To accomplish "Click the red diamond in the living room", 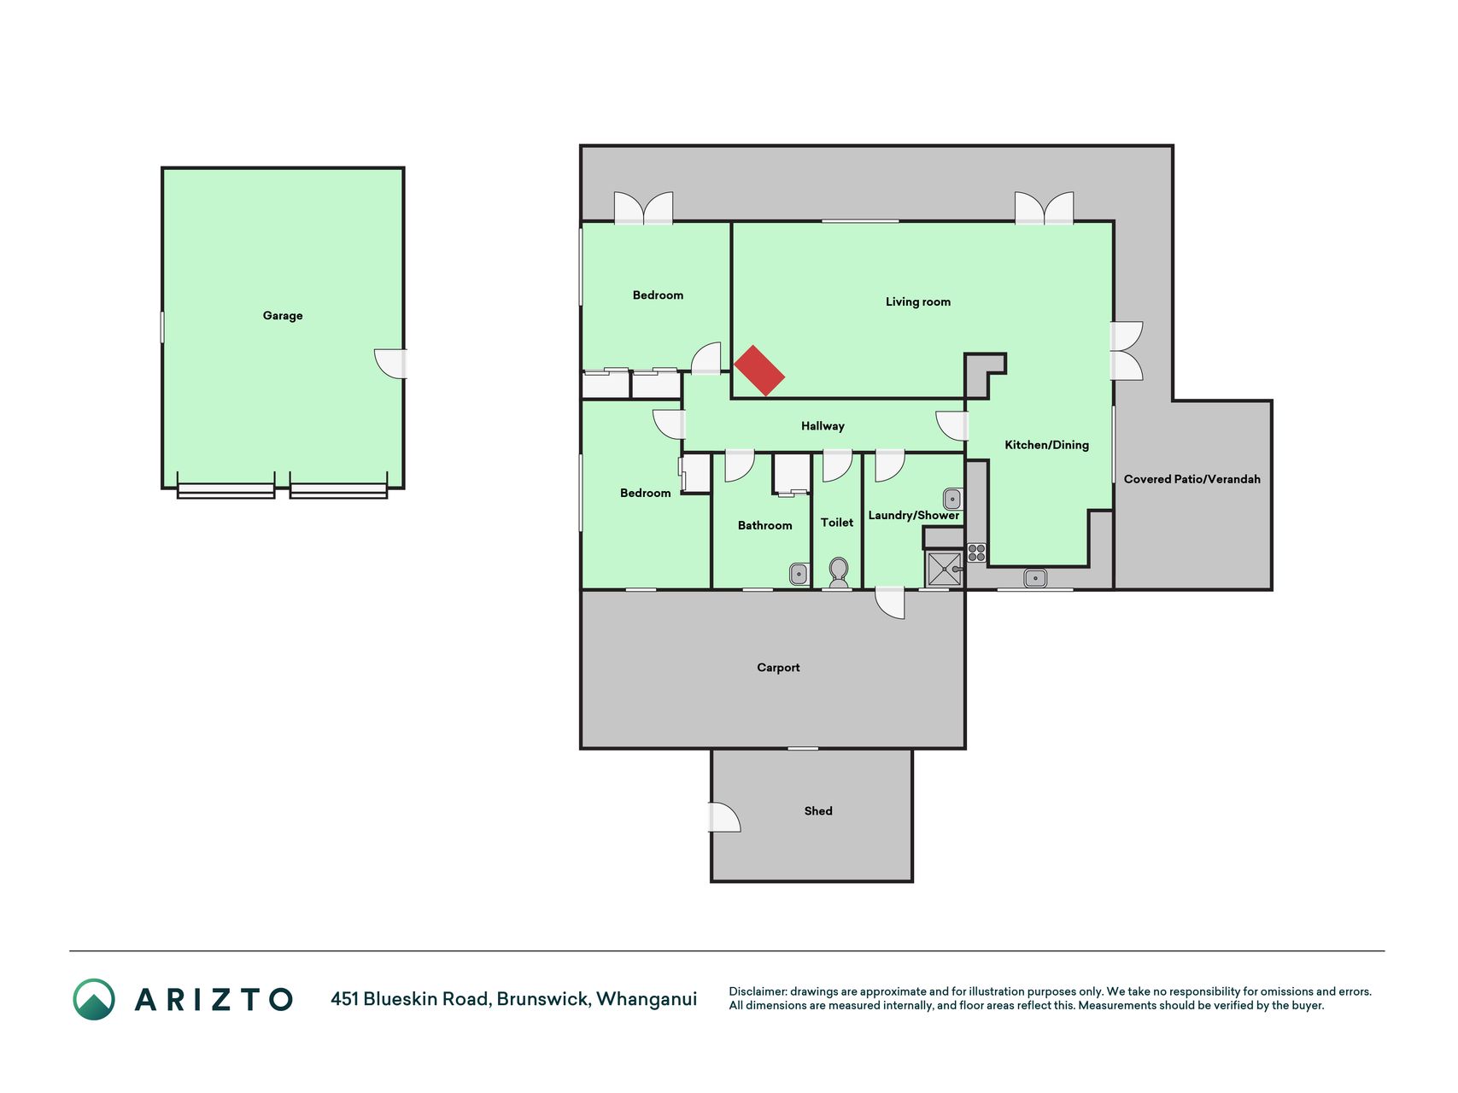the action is click(759, 371).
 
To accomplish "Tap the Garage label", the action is click(283, 316).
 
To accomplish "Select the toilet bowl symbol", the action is click(839, 572).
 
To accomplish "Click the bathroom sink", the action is click(799, 574).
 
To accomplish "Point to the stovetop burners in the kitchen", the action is click(976, 552).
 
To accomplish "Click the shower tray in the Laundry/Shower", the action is click(945, 568).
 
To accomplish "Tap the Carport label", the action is click(778, 668).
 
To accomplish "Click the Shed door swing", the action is click(724, 817).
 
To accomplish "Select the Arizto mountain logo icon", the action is click(94, 999).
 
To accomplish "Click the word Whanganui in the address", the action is click(647, 999).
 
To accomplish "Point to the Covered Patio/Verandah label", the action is click(1192, 479).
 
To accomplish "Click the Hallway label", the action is click(823, 426).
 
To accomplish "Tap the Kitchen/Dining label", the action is click(1046, 445).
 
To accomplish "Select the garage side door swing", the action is click(391, 364).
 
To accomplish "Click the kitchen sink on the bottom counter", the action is click(1035, 578).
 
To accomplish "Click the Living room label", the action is click(917, 301).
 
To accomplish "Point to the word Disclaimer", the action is click(758, 991).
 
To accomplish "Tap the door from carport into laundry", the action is click(890, 602).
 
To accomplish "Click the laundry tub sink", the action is click(952, 499).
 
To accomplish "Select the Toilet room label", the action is click(837, 523).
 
